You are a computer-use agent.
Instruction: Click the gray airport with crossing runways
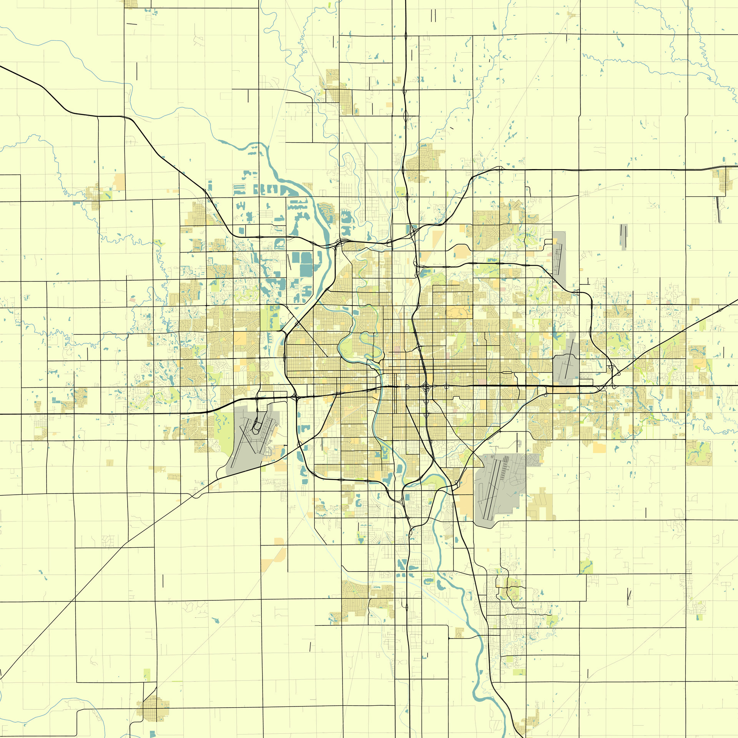tap(250, 442)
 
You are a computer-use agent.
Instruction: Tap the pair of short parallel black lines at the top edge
tap(434, 15)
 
